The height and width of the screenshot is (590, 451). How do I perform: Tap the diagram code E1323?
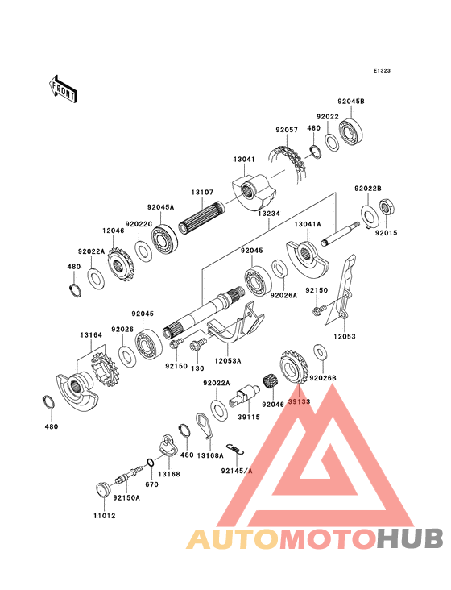[x=382, y=70]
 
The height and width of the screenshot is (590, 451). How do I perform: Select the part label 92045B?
[x=351, y=102]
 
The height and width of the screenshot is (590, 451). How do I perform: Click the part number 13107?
[x=202, y=193]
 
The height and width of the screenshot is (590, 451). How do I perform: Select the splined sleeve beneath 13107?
[x=201, y=218]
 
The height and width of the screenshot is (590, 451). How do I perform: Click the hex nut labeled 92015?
[x=387, y=207]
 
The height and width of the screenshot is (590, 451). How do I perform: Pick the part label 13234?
[x=269, y=214]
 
